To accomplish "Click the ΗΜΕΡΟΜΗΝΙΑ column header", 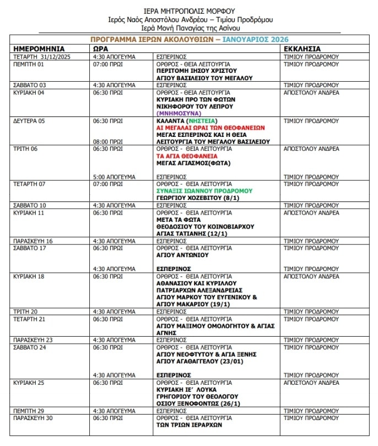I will [39, 49].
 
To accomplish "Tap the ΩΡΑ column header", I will [100, 49].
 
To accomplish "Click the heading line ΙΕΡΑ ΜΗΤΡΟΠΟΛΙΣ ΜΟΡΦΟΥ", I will [189, 10].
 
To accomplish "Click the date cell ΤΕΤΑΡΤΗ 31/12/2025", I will [43, 56].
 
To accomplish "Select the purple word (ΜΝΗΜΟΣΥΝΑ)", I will [180, 113].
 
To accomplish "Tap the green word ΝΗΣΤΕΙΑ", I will [202, 120].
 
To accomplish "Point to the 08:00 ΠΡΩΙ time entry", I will [108, 141].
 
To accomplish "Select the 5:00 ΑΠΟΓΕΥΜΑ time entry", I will [114, 177].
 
